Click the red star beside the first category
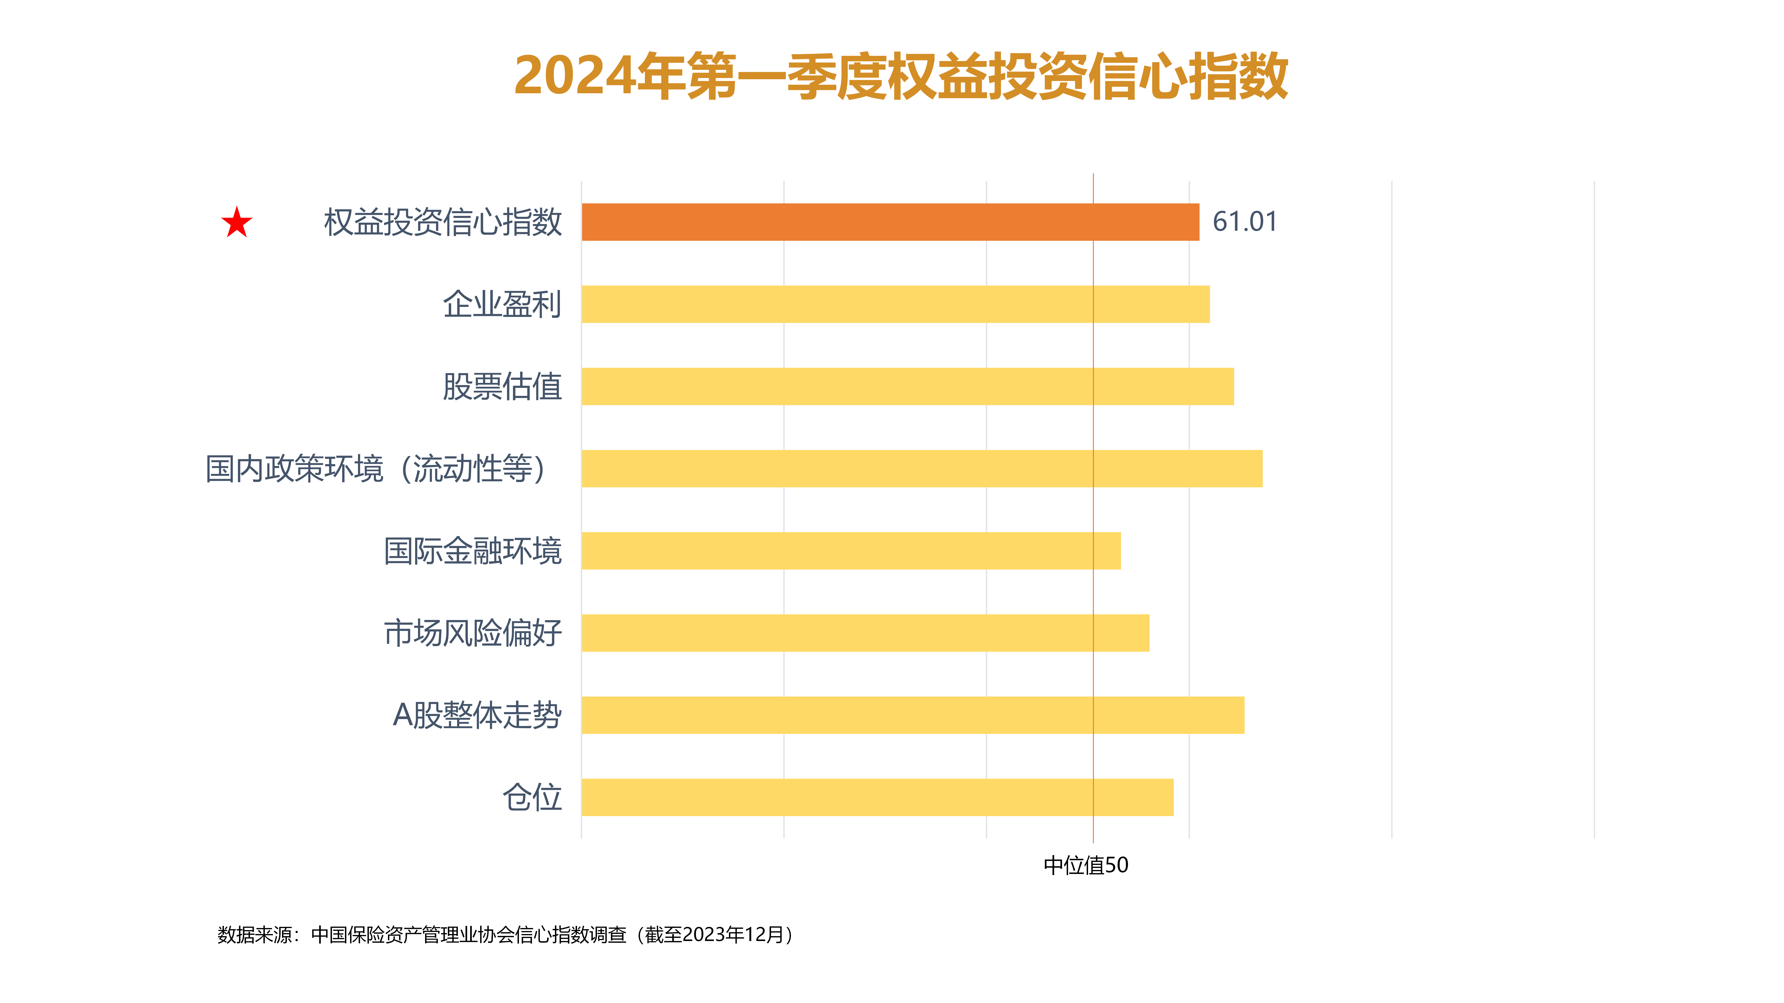click(x=237, y=223)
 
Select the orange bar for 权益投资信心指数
click(x=890, y=222)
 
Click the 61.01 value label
click(x=1245, y=222)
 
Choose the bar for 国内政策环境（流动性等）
click(x=922, y=469)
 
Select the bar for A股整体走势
click(x=913, y=715)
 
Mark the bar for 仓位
click(x=877, y=798)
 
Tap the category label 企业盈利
click(x=502, y=305)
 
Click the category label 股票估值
click(x=502, y=387)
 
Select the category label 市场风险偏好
click(x=473, y=633)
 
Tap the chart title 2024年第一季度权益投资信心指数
click(x=900, y=76)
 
